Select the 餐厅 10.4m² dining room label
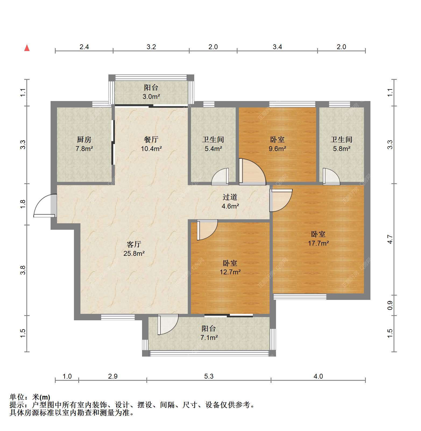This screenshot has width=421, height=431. [x=151, y=144]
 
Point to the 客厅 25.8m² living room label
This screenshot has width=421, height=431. [x=134, y=249]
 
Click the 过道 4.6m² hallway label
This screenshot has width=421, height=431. [x=230, y=202]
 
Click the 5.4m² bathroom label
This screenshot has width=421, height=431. [x=213, y=144]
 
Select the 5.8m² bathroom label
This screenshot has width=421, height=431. [x=342, y=144]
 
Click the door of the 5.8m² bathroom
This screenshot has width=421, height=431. [x=331, y=177]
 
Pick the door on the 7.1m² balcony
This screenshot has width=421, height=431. [x=168, y=324]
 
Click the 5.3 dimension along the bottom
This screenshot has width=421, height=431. [x=209, y=376]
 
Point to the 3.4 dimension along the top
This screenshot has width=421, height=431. [x=277, y=47]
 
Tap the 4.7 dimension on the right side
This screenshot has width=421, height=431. [x=390, y=239]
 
